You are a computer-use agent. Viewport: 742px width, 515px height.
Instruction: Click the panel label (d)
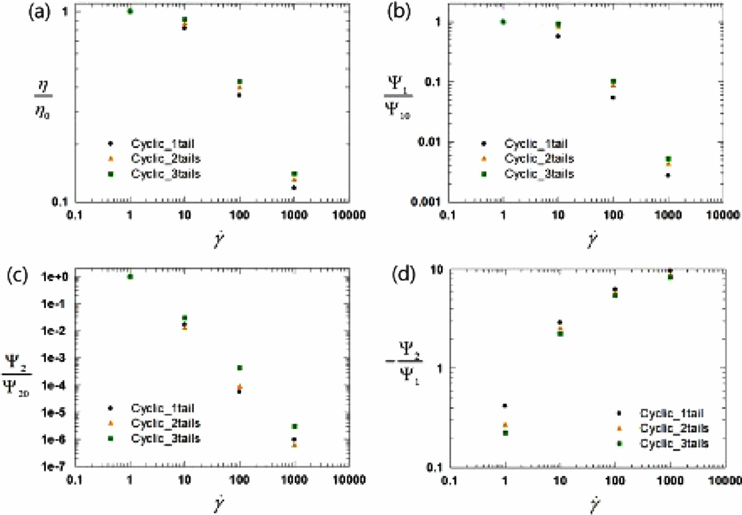403,275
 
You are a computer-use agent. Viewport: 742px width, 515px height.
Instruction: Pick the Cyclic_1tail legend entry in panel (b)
536,144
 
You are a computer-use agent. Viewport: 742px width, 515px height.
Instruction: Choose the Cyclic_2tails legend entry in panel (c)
166,423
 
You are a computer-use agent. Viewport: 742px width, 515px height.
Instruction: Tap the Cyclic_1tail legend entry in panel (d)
672,413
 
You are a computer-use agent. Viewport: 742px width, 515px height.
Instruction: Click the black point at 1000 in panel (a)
294,188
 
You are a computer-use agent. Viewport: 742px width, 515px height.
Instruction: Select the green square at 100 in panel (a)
240,82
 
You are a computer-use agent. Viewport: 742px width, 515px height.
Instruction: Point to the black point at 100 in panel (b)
613,97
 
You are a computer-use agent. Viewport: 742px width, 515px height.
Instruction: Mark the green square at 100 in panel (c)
240,368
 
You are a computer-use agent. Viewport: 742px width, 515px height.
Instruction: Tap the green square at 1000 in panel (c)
294,426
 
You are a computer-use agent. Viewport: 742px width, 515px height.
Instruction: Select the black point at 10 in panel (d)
560,322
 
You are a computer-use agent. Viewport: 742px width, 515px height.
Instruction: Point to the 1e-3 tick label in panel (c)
54,358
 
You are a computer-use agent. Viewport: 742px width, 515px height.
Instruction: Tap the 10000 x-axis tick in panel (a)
348,215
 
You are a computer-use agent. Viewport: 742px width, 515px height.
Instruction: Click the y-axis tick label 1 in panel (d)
440,368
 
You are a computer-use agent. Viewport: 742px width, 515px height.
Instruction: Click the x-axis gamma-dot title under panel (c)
219,504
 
